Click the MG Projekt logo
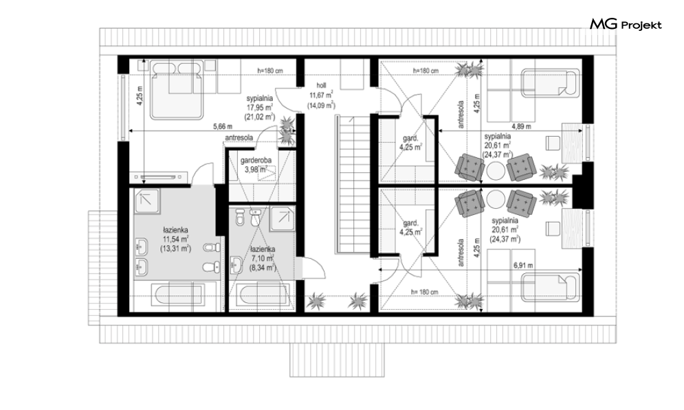click(626, 25)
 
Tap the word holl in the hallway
click(321, 86)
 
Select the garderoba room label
click(256, 160)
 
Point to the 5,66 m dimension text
click(223, 127)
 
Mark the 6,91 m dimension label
click(523, 265)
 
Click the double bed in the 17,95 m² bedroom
click(177, 90)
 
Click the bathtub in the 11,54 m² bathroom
click(177, 296)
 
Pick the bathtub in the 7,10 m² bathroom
click(263, 296)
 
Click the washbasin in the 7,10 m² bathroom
click(236, 265)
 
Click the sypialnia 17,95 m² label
click(260, 107)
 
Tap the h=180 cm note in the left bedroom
click(270, 70)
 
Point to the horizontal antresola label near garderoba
click(239, 137)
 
